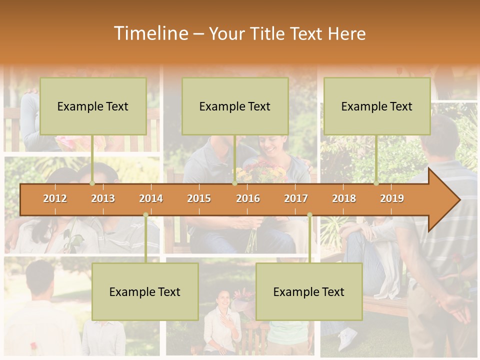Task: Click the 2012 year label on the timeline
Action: [55, 198]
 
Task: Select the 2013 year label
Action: [103, 198]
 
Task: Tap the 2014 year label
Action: [151, 198]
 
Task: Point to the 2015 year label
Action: [199, 198]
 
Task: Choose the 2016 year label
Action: [248, 198]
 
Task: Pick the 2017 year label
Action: [296, 198]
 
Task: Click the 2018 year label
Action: [344, 198]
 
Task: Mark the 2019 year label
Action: [392, 198]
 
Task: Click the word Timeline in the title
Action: [150, 33]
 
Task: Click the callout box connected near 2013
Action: [93, 106]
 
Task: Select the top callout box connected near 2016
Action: [235, 106]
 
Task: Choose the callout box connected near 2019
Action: [377, 106]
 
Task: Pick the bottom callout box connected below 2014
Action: [145, 291]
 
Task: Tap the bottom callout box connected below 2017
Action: [309, 291]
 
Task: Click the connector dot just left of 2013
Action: [92, 183]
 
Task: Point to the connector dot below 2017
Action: [309, 215]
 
